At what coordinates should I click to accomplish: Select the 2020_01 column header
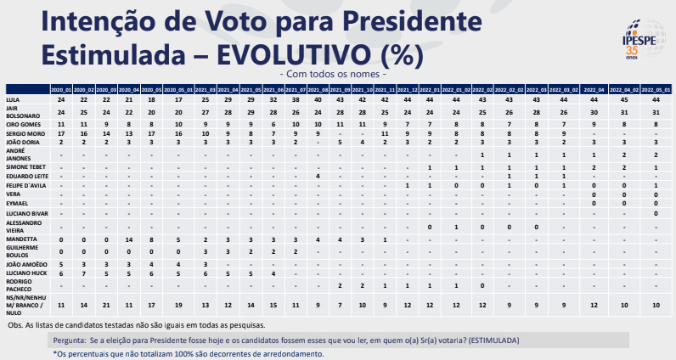pos(61,89)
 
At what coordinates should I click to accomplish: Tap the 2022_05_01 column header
pos(656,89)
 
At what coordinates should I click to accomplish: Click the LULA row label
pos(14,99)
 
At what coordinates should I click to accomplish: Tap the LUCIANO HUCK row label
pos(25,273)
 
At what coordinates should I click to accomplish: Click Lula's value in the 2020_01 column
pos(61,99)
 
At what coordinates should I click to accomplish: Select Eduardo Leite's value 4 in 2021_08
pos(317,176)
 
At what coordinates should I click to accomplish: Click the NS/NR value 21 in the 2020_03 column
pos(106,304)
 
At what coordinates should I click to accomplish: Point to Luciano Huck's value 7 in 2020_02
pos(83,273)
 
